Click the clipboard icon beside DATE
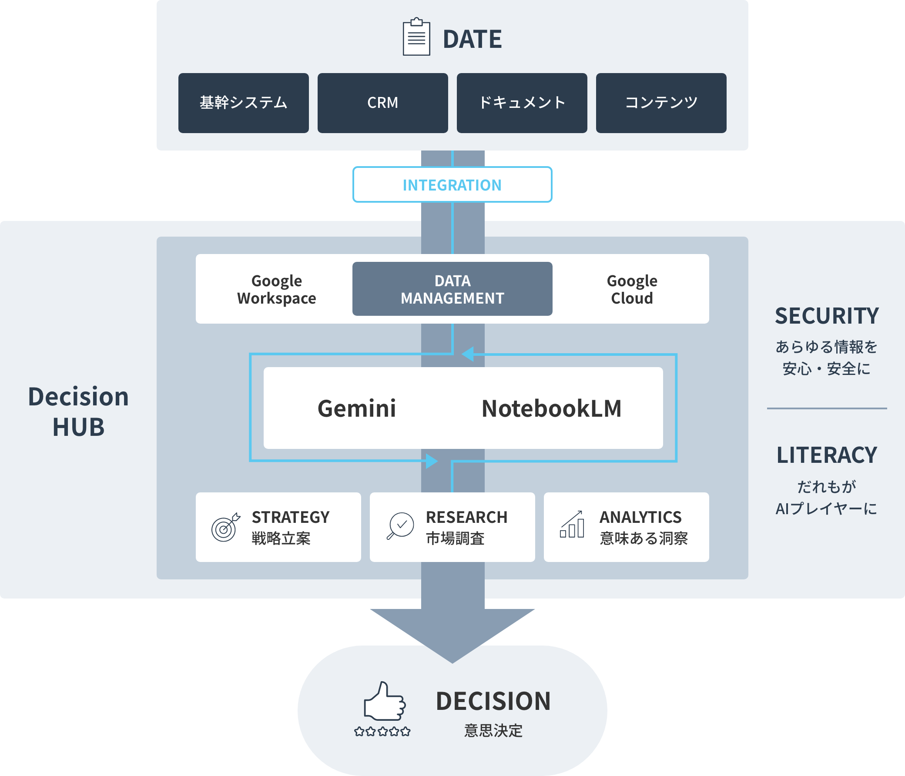416,37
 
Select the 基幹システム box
243,103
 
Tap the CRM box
382,103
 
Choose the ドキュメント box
522,103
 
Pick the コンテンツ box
661,103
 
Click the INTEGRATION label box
452,185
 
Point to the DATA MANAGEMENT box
452,289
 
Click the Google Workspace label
276,289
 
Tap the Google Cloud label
632,289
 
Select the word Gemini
356,408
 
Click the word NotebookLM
551,408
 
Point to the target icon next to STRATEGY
225,527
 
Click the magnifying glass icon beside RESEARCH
400,526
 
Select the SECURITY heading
826,316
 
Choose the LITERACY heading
826,455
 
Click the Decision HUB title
79,411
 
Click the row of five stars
382,732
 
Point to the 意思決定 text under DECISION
493,731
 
